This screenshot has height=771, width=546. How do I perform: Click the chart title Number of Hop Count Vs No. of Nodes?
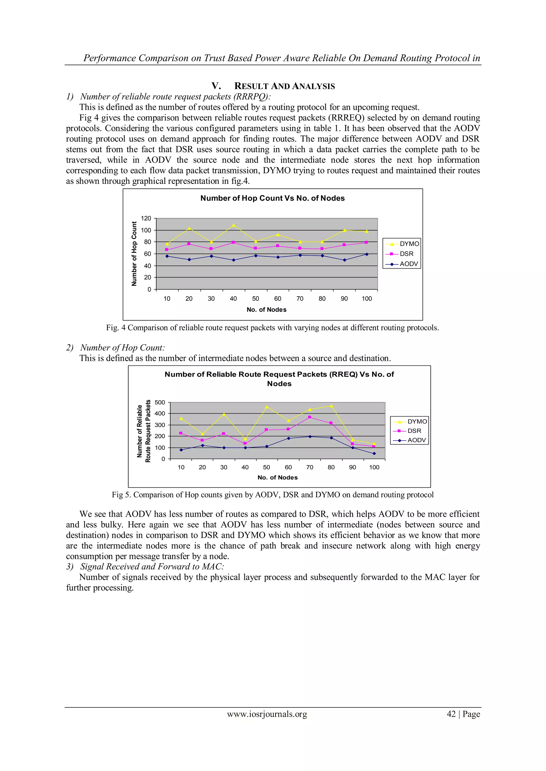[272, 198]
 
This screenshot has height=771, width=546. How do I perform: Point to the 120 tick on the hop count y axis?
[146, 218]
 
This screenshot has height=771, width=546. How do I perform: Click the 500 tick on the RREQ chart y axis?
[160, 402]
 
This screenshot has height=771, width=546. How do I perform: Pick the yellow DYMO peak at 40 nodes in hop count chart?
[234, 225]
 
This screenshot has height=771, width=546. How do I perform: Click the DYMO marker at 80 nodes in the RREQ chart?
[331, 406]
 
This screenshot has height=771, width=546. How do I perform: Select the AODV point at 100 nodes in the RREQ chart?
[374, 454]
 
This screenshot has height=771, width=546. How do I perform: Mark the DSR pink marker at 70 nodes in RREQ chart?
[310, 417]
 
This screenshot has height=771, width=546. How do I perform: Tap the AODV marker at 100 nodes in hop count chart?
[367, 254]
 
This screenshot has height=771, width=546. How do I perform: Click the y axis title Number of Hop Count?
[134, 253]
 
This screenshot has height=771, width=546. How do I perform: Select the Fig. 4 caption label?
[116, 328]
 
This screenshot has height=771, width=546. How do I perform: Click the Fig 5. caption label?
[121, 495]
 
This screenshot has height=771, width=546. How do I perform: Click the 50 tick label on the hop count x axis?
[255, 298]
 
